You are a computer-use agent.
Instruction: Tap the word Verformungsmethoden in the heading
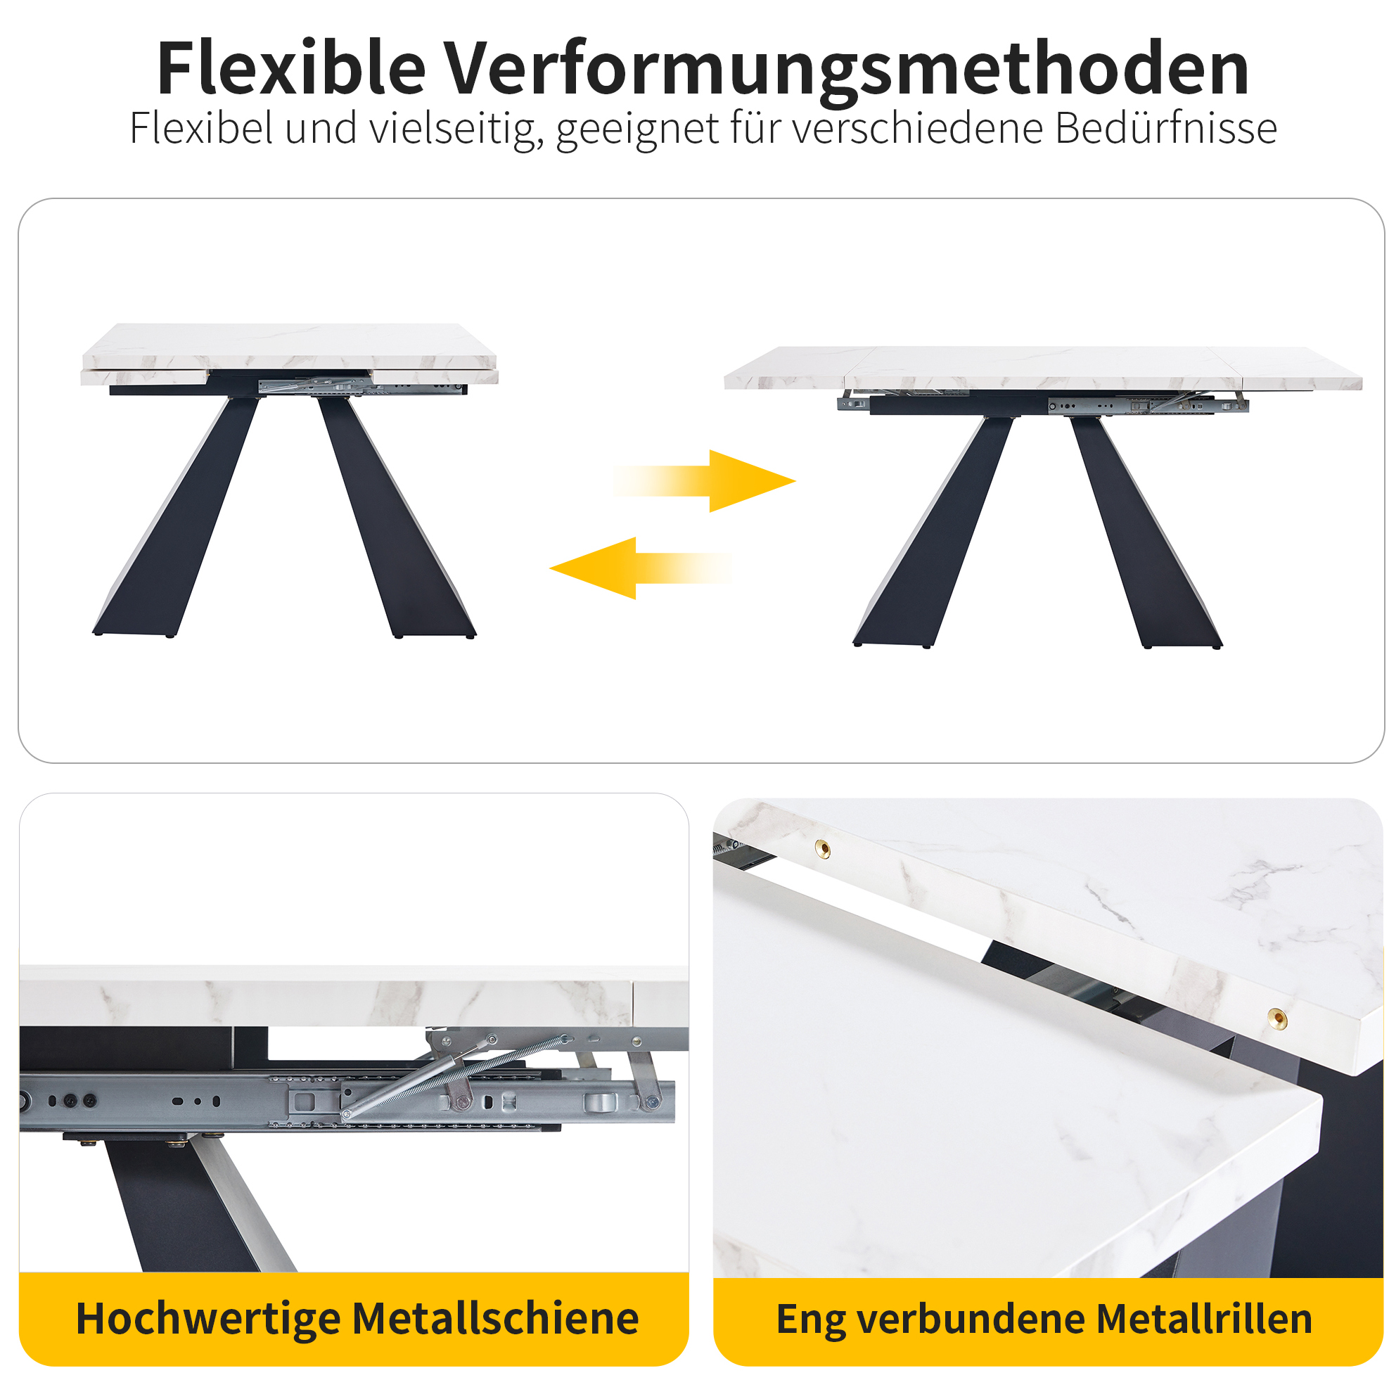click(847, 70)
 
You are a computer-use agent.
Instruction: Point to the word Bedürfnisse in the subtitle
click(1165, 128)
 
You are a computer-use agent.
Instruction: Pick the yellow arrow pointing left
click(641, 568)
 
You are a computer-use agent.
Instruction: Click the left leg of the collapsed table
click(176, 516)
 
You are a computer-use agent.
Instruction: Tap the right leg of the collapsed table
click(397, 516)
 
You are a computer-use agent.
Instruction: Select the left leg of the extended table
click(933, 532)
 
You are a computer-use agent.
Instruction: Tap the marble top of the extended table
click(1043, 368)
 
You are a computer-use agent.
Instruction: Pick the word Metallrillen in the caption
click(1203, 1319)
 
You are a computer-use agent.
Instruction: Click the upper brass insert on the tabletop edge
click(823, 848)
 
